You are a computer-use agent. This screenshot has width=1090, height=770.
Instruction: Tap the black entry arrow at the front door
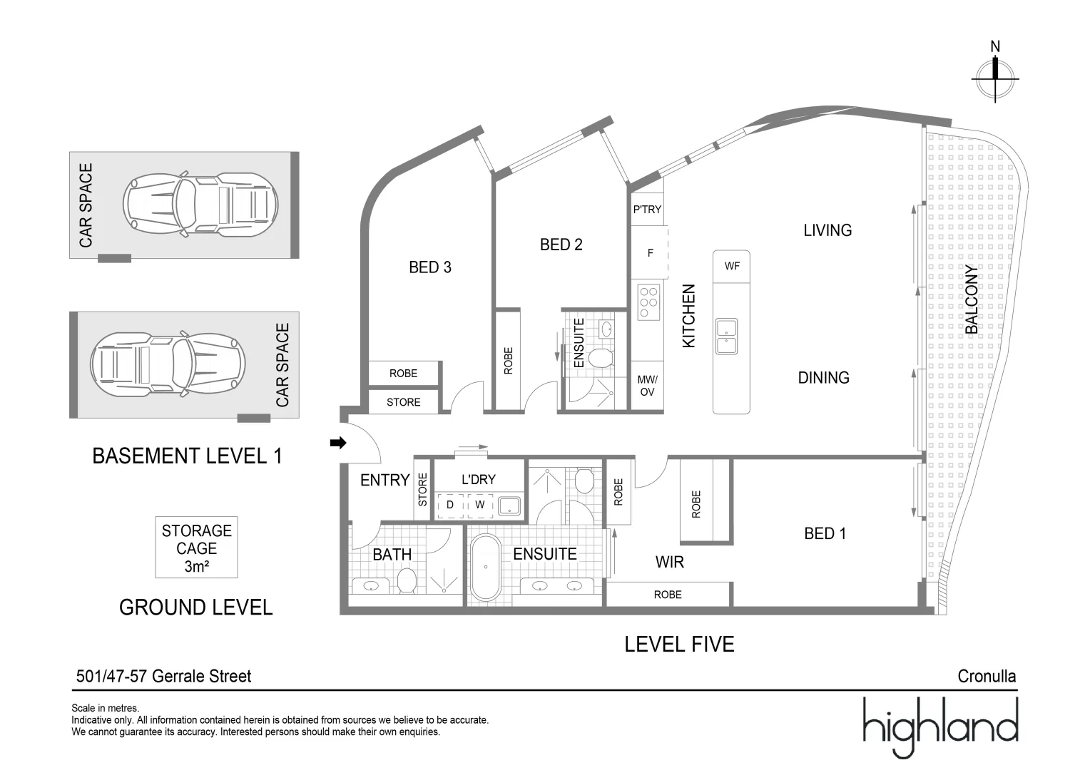(x=338, y=443)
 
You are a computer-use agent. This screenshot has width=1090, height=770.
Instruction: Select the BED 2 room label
(x=561, y=245)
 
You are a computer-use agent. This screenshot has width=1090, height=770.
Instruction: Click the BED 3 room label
(x=429, y=267)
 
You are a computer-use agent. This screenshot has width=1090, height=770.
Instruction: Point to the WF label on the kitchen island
(x=732, y=266)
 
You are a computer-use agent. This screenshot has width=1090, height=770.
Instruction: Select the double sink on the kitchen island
(x=726, y=337)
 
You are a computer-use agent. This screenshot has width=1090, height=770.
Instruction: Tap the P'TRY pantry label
(x=647, y=210)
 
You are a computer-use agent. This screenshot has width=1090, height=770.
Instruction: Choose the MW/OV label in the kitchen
(x=647, y=386)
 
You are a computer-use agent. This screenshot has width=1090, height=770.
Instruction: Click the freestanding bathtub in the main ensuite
(x=486, y=567)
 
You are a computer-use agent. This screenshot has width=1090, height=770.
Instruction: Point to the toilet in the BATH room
(x=407, y=580)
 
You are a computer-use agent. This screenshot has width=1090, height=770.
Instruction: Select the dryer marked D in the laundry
(x=450, y=505)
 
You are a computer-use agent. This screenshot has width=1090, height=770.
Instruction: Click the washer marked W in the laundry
(x=480, y=505)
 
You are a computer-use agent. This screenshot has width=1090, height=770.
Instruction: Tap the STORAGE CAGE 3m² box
(x=196, y=548)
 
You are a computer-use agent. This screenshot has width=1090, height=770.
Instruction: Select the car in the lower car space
(x=168, y=364)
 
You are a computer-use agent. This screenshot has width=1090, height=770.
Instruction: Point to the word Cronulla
(x=987, y=676)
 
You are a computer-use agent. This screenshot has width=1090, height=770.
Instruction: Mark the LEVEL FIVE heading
(x=679, y=645)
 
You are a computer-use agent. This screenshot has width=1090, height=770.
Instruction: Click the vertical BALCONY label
(x=971, y=299)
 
